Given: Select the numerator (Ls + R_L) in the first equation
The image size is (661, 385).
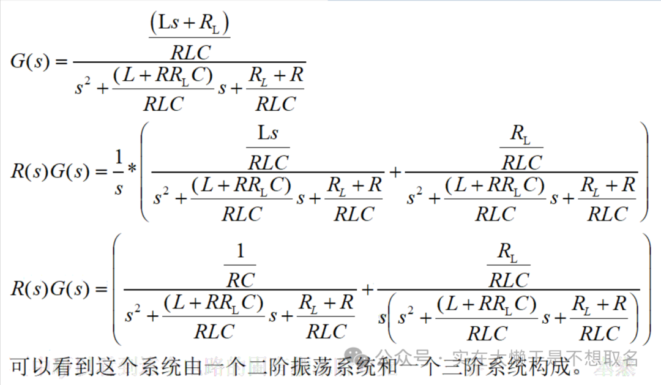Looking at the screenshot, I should point(189,24).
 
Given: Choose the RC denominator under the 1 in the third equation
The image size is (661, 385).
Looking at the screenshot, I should point(240,280).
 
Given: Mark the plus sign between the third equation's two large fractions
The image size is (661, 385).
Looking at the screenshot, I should point(367,288).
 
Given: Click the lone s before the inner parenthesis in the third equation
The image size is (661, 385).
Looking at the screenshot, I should point(383,318).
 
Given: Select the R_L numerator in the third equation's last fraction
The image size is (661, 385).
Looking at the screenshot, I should point(508,252).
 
